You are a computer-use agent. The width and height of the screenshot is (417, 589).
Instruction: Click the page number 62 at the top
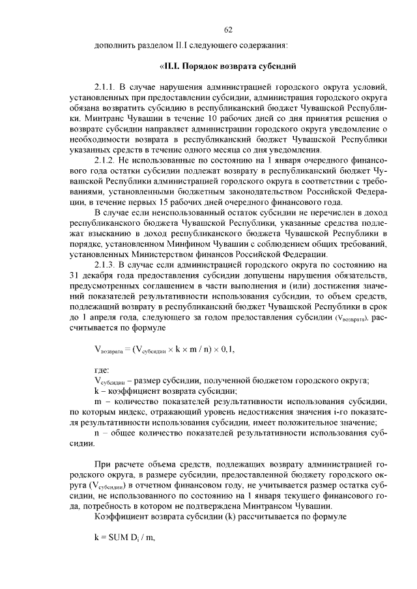(228, 30)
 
